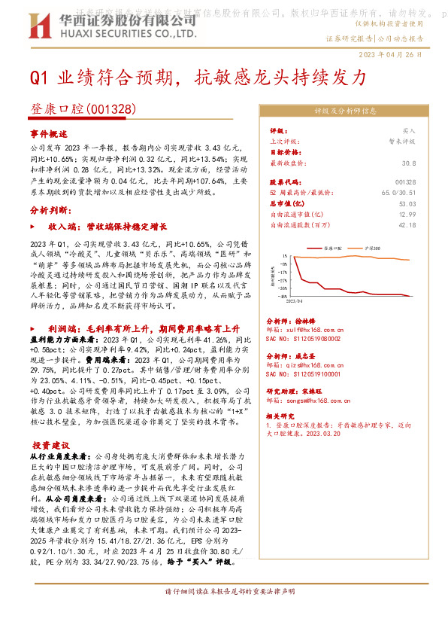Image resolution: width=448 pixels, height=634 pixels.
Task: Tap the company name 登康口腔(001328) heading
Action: [x=83, y=110]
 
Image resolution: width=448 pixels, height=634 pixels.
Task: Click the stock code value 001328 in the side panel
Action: [x=404, y=182]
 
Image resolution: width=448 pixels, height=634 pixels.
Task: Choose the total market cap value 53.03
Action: [x=407, y=203]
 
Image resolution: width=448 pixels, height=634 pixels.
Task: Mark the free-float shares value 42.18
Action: [x=407, y=224]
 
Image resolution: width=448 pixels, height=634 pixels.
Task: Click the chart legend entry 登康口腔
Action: [x=333, y=247]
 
